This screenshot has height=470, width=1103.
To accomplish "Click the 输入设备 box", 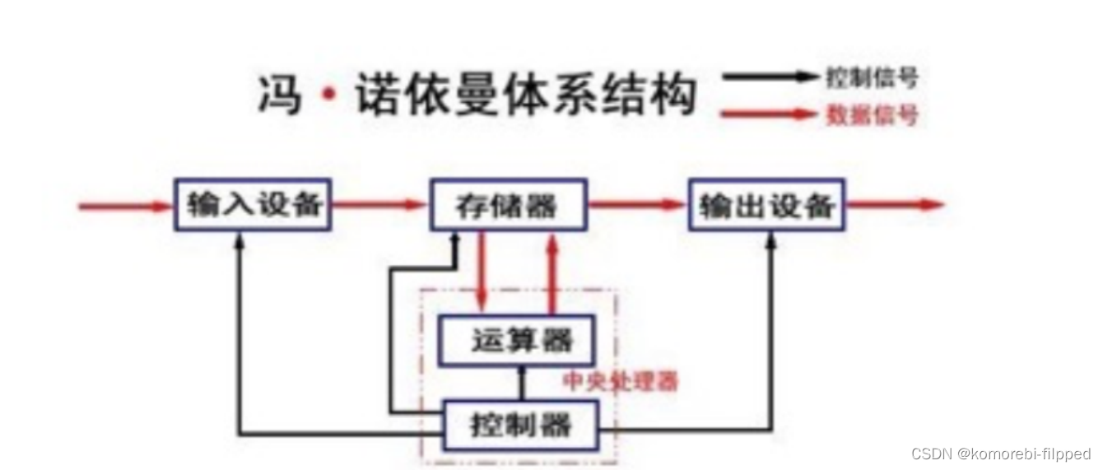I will tap(252, 204).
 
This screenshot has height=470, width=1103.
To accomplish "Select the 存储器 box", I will tap(508, 204).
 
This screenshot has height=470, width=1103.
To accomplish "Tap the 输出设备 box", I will tap(767, 204).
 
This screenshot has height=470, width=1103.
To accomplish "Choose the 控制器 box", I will tap(520, 426).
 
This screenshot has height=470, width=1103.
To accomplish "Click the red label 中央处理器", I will tap(621, 382).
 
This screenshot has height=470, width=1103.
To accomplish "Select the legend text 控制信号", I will tap(871, 78).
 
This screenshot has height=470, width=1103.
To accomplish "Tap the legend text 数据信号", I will tap(871, 115).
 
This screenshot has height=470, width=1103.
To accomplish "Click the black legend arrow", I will tap(770, 77).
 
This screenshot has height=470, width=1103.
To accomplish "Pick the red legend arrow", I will tap(769, 114).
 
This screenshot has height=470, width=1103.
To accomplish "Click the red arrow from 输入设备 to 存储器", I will tap(379, 205).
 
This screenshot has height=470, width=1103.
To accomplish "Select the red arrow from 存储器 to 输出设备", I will tap(637, 205).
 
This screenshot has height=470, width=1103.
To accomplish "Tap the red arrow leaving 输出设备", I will tap(895, 205).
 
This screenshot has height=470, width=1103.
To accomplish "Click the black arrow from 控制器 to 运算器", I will tap(520, 384).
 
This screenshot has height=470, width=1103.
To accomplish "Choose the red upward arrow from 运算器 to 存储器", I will tap(553, 271).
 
